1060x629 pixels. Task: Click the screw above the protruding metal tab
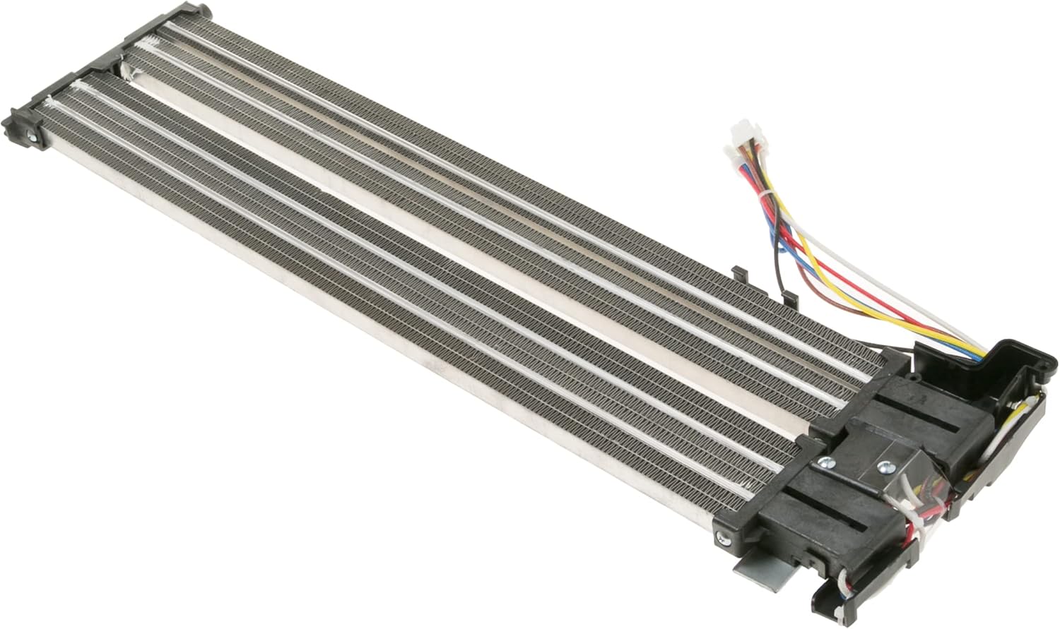[x=723, y=539]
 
